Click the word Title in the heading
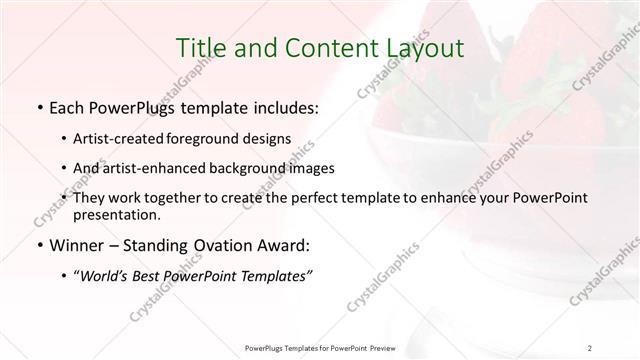tap(201, 47)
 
